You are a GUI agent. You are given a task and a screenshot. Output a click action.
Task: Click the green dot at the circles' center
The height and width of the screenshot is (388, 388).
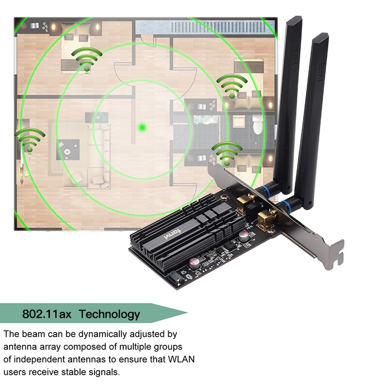tap(142, 127)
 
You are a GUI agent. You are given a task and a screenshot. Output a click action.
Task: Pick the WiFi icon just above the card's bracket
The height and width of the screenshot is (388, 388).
tap(226, 154)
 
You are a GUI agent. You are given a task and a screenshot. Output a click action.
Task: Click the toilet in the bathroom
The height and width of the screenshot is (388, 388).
tap(258, 127)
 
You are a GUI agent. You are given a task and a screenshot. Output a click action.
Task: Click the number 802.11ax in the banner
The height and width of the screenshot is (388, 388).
tap(47, 314)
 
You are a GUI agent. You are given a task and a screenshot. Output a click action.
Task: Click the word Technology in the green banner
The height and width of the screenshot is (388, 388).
tap(109, 314)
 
